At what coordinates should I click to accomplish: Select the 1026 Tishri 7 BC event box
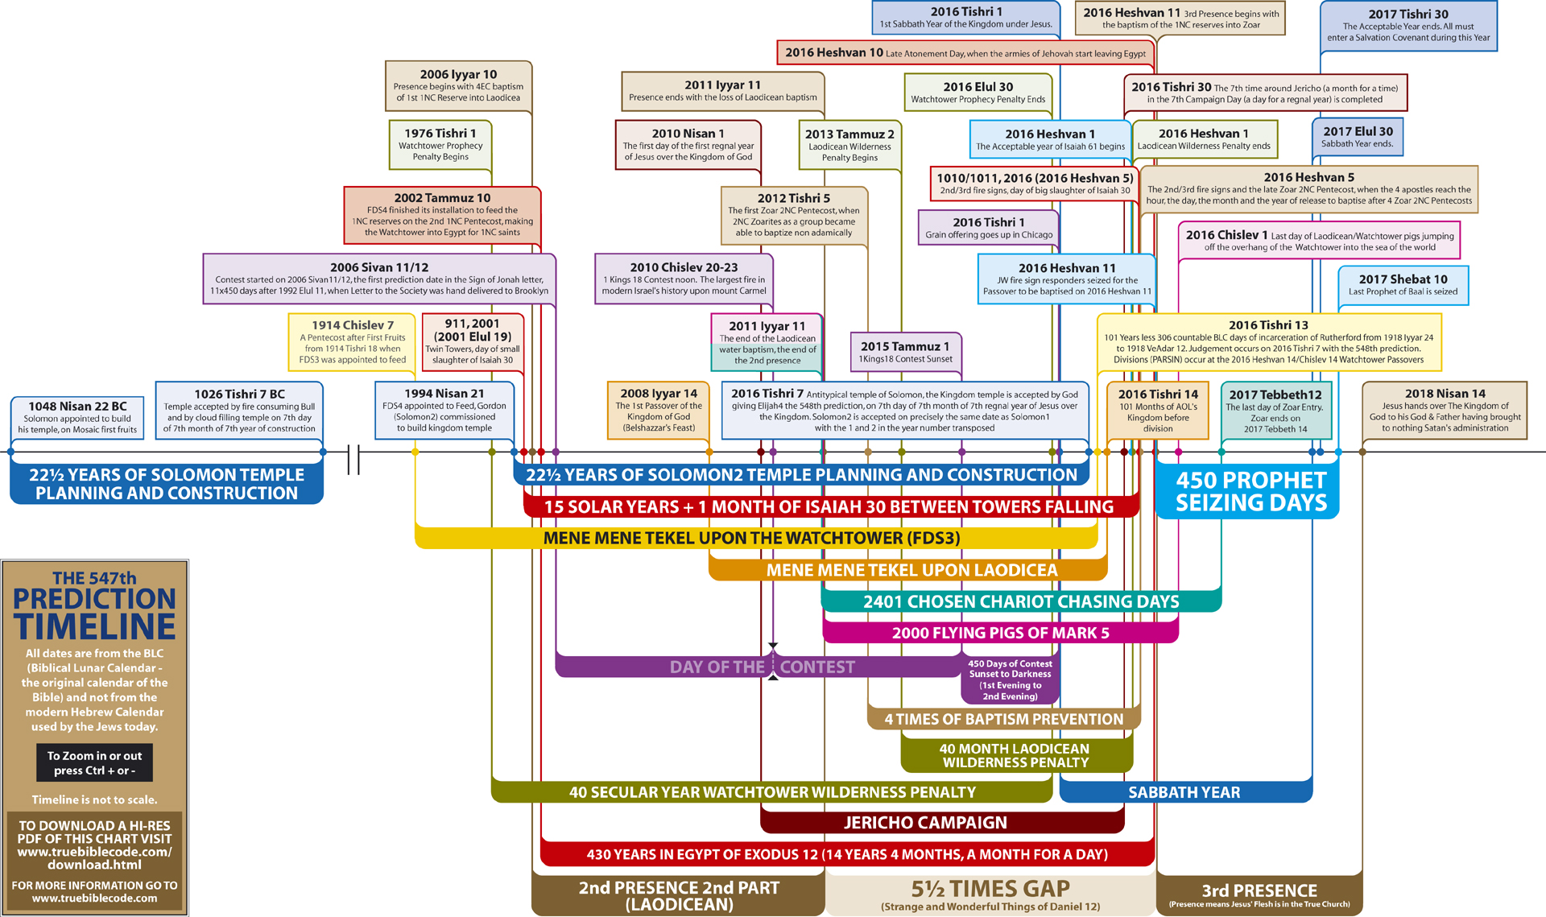click(239, 411)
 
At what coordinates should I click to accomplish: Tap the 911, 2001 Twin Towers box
click(473, 341)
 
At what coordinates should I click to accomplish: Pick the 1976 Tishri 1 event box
click(440, 144)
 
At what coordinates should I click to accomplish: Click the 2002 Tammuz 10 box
click(442, 215)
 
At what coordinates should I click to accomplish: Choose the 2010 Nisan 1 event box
click(688, 145)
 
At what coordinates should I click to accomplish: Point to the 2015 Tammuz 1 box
click(905, 353)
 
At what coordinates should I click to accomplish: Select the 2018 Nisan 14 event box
click(1445, 411)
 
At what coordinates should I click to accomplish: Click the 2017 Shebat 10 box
click(1403, 285)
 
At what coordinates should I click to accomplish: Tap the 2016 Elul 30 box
click(978, 93)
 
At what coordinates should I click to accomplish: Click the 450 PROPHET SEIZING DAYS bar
click(1250, 491)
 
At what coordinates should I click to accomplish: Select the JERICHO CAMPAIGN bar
click(925, 823)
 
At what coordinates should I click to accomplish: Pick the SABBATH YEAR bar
click(1184, 792)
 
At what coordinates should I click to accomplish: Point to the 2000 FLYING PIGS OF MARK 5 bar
click(1000, 633)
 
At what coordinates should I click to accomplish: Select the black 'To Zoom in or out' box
click(94, 762)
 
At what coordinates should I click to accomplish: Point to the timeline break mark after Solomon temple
click(353, 460)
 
